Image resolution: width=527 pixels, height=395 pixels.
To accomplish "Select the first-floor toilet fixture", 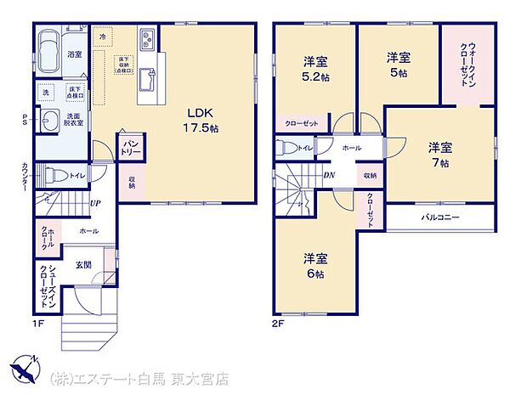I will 53,176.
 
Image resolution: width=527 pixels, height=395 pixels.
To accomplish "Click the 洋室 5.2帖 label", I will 315,67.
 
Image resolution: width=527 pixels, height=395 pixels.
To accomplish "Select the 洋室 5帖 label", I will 399,65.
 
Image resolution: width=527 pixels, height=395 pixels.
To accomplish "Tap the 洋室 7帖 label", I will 439,154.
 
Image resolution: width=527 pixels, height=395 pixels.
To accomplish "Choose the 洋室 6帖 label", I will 315,266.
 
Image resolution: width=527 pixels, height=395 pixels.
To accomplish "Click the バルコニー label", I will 440,217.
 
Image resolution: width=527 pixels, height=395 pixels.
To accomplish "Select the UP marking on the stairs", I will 95,204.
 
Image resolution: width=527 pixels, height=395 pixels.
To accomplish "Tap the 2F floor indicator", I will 277,324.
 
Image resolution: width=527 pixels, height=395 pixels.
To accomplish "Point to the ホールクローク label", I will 47,237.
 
